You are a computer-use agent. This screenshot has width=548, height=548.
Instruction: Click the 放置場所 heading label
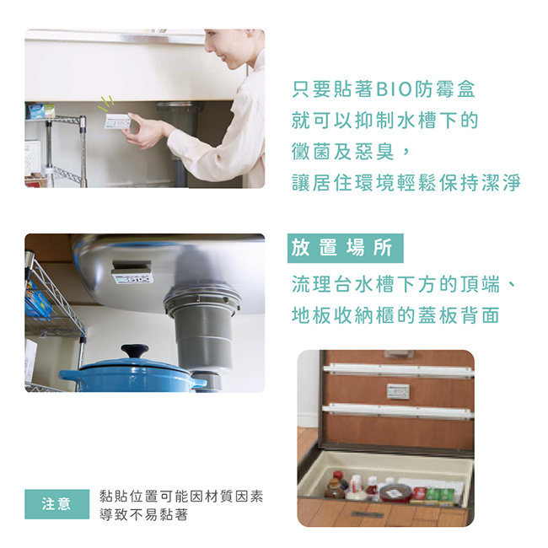pos(345,248)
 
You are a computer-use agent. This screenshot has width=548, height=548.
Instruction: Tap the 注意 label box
pos(57,504)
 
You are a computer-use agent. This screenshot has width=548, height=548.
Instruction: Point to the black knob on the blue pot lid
pos(135,351)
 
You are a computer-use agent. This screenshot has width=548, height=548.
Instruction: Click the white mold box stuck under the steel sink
pos(132,272)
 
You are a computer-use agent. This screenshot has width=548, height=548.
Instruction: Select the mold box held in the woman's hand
pos(117,121)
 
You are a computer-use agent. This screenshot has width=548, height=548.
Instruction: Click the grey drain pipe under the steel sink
pos(202,332)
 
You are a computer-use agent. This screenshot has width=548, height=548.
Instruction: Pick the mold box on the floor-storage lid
pos(398,391)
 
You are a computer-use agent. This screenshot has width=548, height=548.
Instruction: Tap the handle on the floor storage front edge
pos(367,514)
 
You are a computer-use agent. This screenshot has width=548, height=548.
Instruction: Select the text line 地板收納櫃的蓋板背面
pos(395,315)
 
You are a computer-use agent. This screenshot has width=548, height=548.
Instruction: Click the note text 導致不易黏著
pos(143,515)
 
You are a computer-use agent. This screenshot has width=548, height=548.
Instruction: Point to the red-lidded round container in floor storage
pos(395,492)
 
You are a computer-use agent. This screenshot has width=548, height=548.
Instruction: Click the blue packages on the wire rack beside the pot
pos(38,303)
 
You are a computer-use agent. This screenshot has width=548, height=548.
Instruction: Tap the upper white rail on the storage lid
pos(399,370)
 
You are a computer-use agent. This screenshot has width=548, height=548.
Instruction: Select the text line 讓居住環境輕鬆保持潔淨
pos(406,183)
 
